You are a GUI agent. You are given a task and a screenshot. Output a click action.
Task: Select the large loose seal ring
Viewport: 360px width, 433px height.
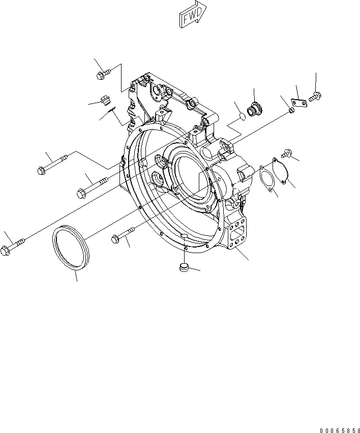pos(71,252)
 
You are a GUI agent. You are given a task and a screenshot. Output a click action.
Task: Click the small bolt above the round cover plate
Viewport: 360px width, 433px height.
pos(286,151)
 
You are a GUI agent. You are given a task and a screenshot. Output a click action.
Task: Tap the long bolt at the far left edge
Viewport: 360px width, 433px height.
pos(15,246)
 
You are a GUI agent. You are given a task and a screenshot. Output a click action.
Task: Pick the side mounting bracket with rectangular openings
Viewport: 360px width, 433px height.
pos(237,237)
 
